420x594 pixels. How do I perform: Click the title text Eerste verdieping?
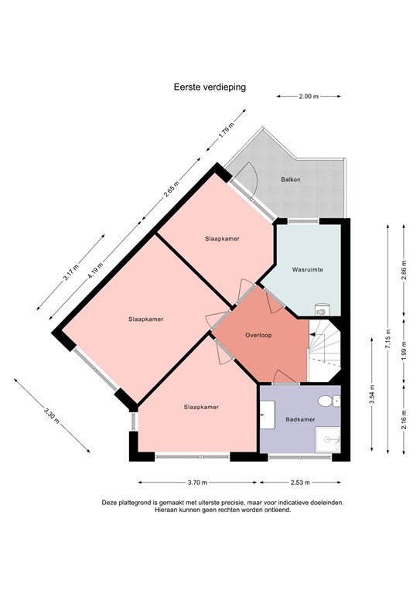click(x=210, y=87)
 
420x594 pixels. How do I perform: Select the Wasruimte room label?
click(x=307, y=270)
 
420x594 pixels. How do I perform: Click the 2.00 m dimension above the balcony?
click(x=309, y=97)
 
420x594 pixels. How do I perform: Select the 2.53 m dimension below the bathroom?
click(x=300, y=482)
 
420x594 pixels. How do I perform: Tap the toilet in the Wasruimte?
click(x=323, y=309)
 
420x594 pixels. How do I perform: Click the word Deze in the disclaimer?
click(x=110, y=503)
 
